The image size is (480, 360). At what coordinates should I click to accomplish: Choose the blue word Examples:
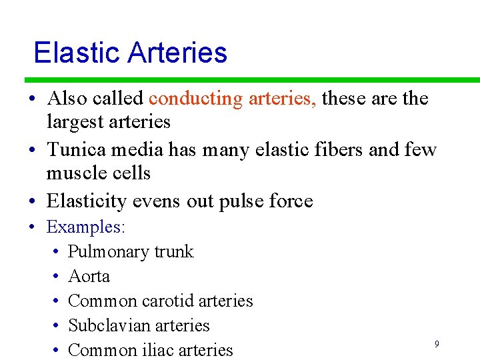coord(85,227)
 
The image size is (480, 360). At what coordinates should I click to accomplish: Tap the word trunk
coord(174,252)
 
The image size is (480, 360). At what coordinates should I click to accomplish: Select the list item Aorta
coord(89,277)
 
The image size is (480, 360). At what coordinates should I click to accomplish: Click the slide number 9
coord(437,344)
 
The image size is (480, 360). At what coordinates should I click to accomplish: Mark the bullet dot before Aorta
coord(53,277)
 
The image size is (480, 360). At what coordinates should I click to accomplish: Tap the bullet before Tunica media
coord(31,150)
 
